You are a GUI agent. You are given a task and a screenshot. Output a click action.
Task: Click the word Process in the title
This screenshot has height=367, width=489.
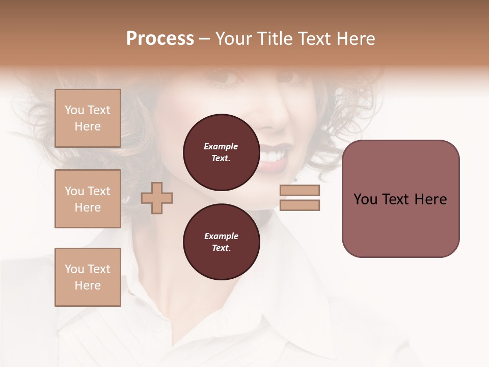coord(160,38)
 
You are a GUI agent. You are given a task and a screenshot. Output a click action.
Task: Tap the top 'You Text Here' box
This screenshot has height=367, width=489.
coord(88,118)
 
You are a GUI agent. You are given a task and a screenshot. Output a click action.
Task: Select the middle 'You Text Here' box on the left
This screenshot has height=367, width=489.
coord(88,199)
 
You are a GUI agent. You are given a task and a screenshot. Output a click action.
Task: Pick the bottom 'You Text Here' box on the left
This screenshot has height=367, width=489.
coord(88,277)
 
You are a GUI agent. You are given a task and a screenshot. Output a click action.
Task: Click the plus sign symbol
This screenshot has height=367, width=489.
coord(157,198)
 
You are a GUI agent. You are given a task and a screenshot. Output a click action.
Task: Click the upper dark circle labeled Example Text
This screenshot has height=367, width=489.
coord(221,152)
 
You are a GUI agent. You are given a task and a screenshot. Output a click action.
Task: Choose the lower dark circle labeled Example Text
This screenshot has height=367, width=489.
coord(221,242)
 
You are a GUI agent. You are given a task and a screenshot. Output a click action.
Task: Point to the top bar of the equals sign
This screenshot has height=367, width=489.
coord(300,190)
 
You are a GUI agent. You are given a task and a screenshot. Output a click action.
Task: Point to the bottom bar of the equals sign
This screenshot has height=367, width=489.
coord(300,205)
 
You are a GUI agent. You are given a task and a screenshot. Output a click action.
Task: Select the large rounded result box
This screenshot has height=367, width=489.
coord(400,199)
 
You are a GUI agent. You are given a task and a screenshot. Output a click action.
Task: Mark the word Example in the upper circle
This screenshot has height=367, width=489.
coord(221,146)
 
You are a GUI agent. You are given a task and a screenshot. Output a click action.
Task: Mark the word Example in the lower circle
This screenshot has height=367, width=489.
coord(221,236)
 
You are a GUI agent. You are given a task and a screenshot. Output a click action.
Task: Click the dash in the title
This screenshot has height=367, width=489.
coord(205,39)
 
